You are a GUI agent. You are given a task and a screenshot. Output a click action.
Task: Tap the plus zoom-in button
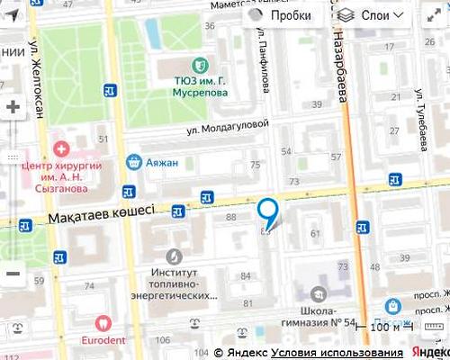(x=13, y=107)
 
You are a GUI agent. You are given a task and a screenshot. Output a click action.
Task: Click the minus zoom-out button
(x=13, y=274)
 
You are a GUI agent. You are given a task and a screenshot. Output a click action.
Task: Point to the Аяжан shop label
(x=165, y=163)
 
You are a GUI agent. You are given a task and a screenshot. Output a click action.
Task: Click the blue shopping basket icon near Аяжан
(x=134, y=162)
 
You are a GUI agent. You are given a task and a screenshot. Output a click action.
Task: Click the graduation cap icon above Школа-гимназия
(x=317, y=292)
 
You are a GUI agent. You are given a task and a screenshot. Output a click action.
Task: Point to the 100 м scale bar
(x=384, y=327)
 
